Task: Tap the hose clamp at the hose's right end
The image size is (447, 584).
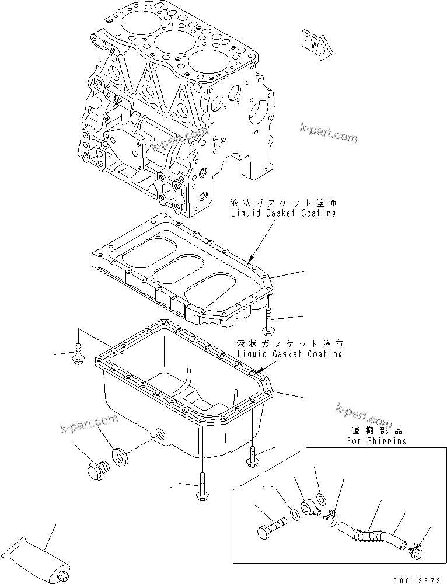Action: tap(416, 548)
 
